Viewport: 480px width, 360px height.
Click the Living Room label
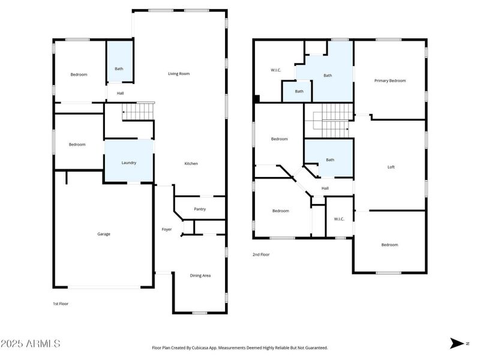coord(178,74)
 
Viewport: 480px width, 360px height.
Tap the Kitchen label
coord(191,163)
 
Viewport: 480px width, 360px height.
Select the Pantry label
coord(200,209)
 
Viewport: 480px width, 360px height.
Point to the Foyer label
coord(166,229)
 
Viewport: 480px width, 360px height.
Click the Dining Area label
coord(200,275)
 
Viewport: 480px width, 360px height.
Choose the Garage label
coord(104,234)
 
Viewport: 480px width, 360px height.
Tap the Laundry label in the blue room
coord(129,163)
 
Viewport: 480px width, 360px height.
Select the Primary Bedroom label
coord(390,80)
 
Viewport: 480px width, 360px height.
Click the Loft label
coord(391,167)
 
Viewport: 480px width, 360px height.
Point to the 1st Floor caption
coord(61,304)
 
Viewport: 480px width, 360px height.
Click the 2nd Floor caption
coord(261,254)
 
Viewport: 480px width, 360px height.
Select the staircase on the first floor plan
coord(138,111)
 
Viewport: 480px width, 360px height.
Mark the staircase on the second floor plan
coord(328,120)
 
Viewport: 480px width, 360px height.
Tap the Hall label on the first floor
coord(120,93)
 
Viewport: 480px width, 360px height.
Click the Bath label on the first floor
coord(119,68)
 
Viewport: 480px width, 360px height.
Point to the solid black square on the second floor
coord(256,99)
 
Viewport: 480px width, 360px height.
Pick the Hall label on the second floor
coord(325,188)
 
